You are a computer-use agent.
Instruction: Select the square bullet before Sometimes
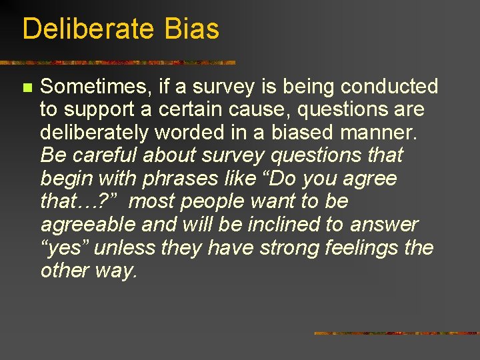27,87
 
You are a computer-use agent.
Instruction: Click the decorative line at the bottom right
397,333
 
